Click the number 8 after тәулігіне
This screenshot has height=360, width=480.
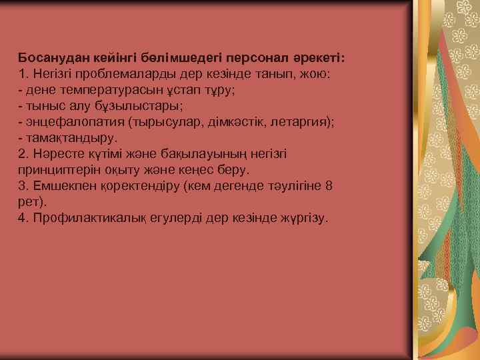coord(327,185)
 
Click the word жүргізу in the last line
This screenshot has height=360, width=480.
coord(304,217)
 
